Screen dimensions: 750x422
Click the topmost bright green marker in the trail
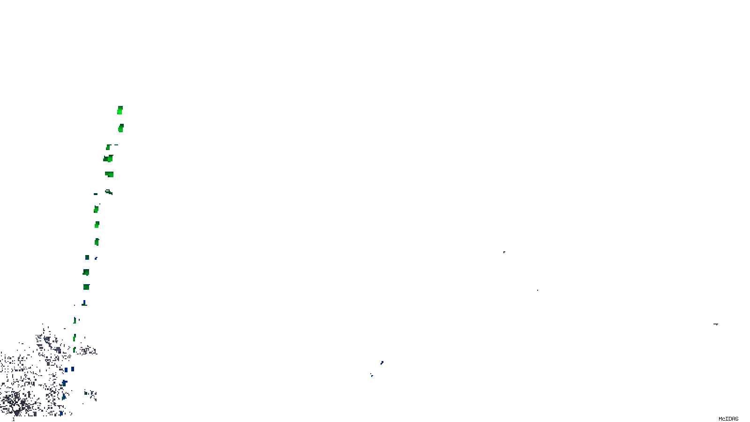[120, 110]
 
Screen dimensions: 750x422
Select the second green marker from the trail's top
[121, 128]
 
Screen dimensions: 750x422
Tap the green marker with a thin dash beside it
[108, 147]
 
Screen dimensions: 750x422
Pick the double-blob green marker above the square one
[108, 159]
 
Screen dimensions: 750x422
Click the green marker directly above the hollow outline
[110, 174]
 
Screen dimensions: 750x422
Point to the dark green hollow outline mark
[109, 192]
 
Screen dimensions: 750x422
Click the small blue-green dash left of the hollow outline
[96, 194]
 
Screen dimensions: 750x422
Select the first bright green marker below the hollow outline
[96, 209]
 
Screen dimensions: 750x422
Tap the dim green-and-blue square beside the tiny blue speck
[87, 257]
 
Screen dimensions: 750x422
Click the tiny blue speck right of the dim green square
[96, 258]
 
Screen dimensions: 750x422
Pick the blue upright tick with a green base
[84, 303]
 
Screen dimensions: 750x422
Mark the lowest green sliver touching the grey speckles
[75, 350]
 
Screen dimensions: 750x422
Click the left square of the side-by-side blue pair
[66, 370]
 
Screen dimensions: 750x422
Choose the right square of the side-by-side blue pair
[73, 369]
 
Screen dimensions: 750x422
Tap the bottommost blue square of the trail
[61, 413]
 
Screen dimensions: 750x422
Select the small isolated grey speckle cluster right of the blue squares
[90, 394]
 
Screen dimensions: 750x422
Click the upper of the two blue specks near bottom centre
[382, 362]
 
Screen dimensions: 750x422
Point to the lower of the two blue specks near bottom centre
[372, 375]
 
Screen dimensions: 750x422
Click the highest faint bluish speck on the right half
[504, 252]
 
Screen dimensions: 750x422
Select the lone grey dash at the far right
[716, 324]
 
